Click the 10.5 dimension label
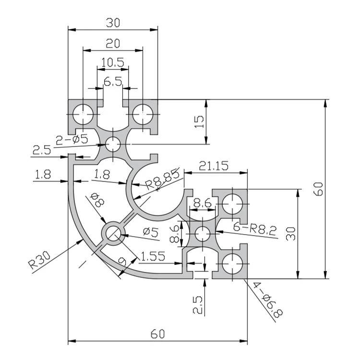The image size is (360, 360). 113,62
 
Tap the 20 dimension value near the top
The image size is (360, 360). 113,43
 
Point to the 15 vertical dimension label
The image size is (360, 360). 199,122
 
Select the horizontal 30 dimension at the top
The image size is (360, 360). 113,23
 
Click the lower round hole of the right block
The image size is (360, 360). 233,264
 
